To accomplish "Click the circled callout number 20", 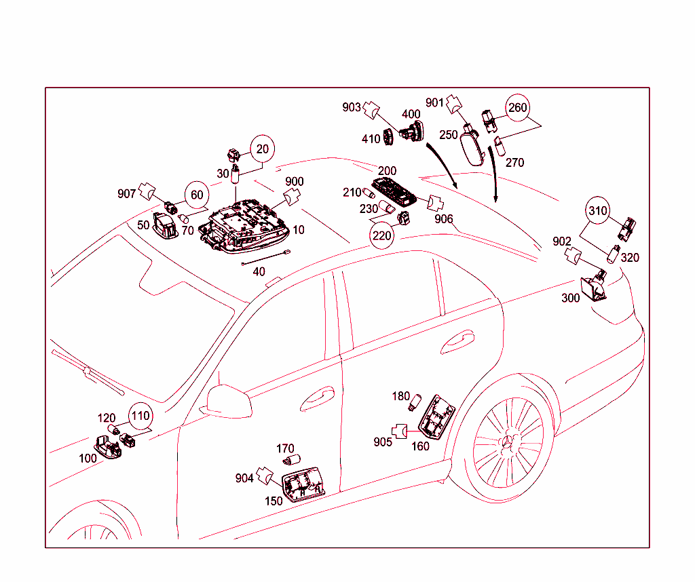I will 262,149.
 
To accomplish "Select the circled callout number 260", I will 517,108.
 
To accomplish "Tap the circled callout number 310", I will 598,211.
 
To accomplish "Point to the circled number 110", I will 140,415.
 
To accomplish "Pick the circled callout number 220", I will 381,235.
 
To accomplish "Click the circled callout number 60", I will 196,195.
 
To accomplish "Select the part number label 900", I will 294,182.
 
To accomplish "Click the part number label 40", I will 259,271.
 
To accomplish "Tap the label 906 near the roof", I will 444,218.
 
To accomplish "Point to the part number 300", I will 570,298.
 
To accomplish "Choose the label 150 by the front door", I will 274,501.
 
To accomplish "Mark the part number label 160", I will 420,446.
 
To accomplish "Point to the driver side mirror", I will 227,400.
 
